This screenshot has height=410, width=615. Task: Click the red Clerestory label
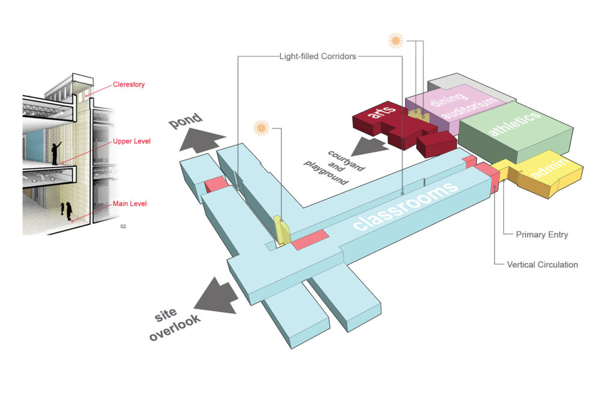point(129,84)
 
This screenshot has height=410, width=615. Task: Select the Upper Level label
point(132,141)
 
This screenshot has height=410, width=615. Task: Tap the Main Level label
point(130,203)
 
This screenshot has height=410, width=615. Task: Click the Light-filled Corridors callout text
point(318,56)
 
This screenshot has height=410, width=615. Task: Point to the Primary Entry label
point(542,234)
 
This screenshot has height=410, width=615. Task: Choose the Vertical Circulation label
point(542,265)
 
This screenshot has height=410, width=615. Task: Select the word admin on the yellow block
point(550,167)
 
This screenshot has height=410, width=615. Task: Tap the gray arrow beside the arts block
point(369,146)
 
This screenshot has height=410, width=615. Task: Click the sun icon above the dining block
point(395,40)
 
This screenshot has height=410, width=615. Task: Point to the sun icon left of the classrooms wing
point(261,128)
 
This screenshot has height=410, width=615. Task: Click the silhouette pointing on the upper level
point(56,153)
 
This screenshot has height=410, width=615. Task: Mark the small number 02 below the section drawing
point(123,226)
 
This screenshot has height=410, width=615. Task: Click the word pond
point(186,120)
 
